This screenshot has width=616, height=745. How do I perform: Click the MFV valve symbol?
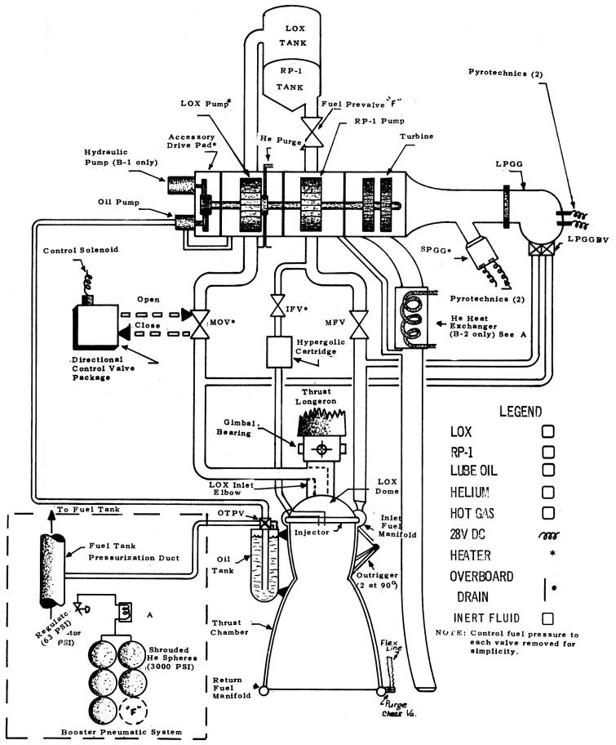tap(355, 316)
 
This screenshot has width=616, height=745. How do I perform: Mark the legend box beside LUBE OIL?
tap(548, 471)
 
